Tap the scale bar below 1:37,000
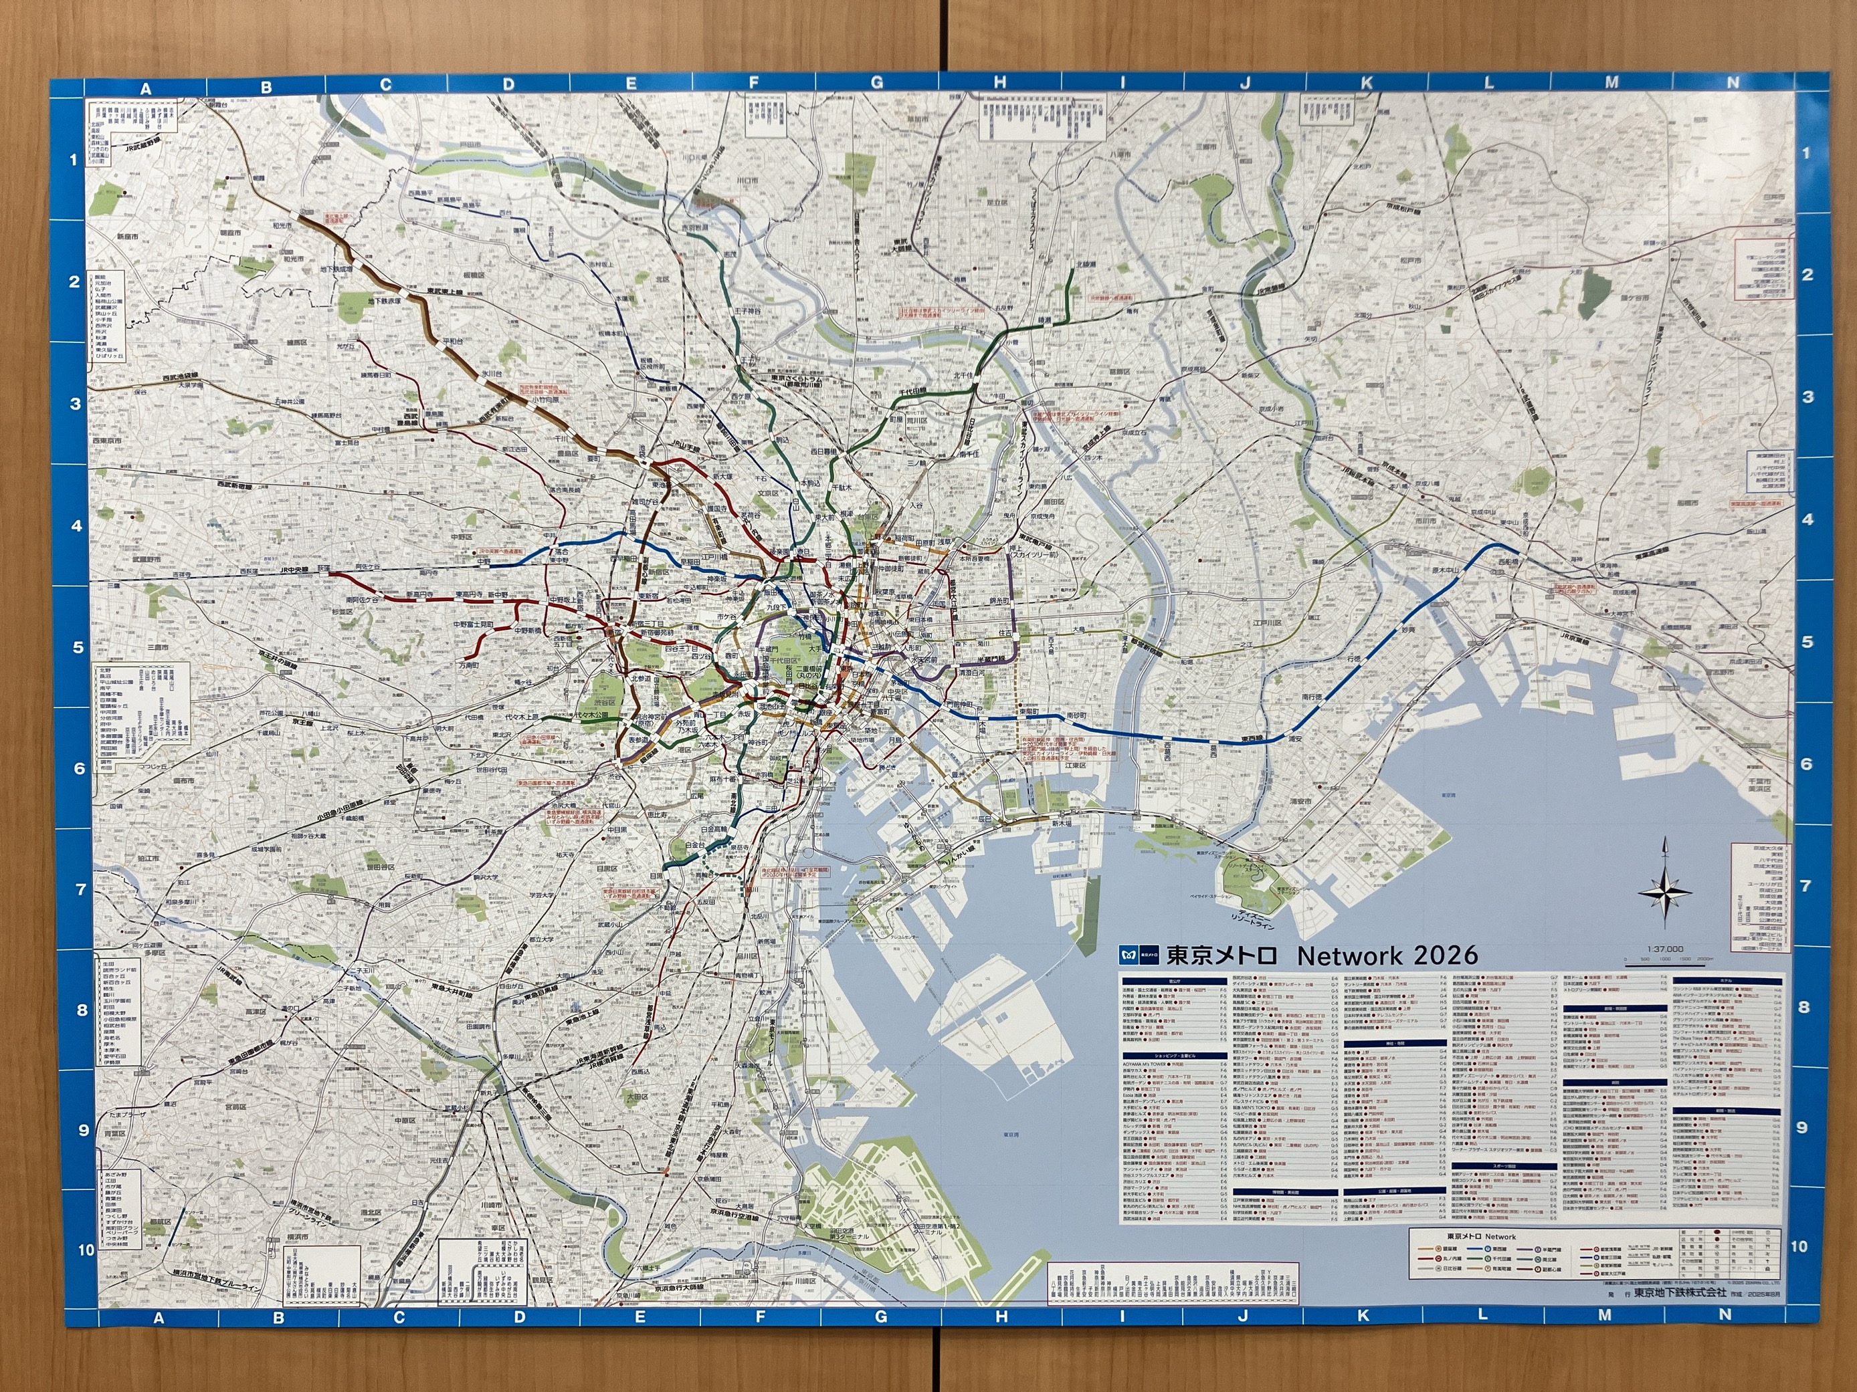[x=1666, y=965]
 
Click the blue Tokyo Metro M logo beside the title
[x=1130, y=955]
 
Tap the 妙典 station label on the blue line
[x=1408, y=629]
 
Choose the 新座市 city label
[x=128, y=237]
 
